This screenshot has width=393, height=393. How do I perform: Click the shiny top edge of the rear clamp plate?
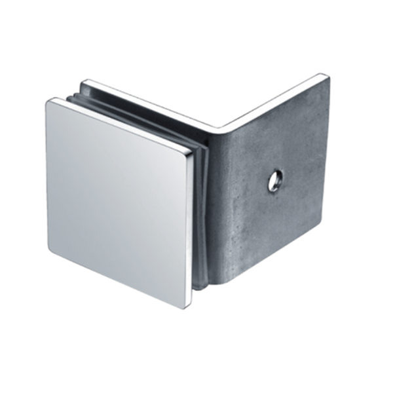tap(144, 102)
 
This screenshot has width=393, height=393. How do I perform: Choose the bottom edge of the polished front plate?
tap(118, 278)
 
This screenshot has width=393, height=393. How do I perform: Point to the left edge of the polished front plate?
tap(48, 174)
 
